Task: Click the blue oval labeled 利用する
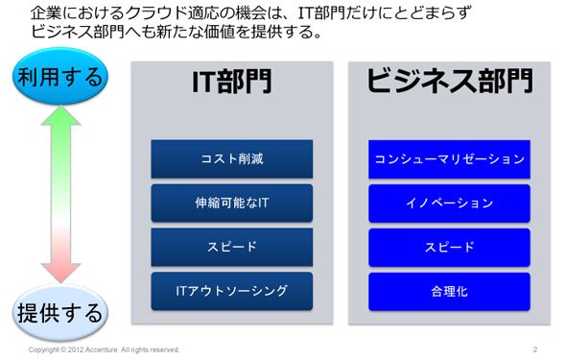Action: click(60, 77)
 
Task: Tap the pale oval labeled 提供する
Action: click(60, 313)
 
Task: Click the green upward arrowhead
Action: click(60, 115)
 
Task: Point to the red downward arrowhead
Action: click(60, 274)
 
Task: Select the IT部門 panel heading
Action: click(232, 82)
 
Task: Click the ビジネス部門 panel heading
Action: click(449, 81)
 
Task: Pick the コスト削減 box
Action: click(232, 158)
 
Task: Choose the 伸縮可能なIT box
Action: click(232, 203)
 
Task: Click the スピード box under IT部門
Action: click(232, 247)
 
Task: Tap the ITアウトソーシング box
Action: click(232, 291)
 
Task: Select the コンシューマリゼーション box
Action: click(449, 158)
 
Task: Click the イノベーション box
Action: click(449, 203)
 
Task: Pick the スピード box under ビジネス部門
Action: click(449, 247)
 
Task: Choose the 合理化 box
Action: click(449, 291)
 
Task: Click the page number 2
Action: click(535, 349)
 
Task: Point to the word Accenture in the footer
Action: click(102, 349)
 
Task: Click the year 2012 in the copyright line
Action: click(76, 349)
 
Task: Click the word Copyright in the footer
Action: click(44, 349)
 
